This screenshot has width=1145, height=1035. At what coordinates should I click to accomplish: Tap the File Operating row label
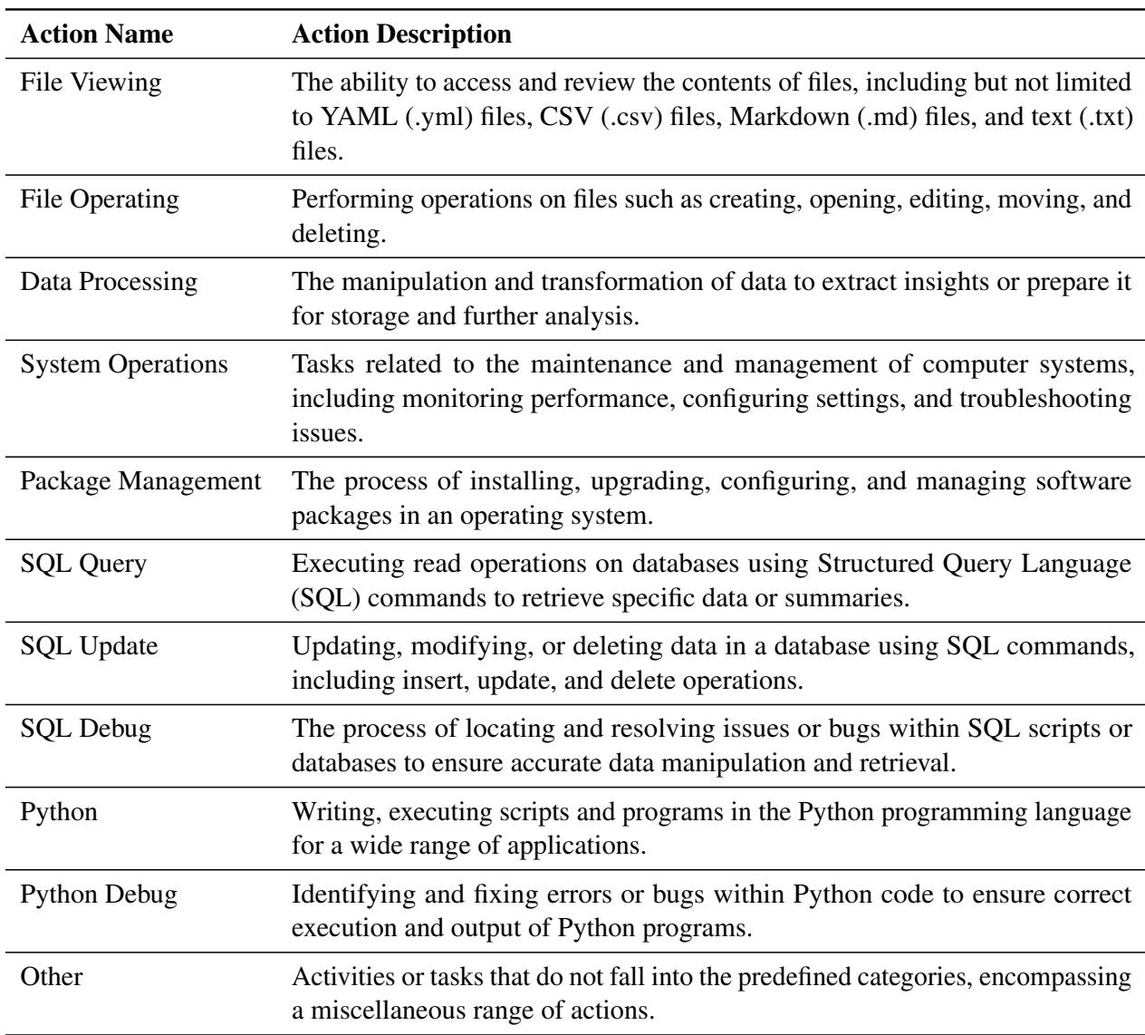pyautogui.click(x=100, y=198)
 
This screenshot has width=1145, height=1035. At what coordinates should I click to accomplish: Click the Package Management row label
pyautogui.click(x=140, y=481)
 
